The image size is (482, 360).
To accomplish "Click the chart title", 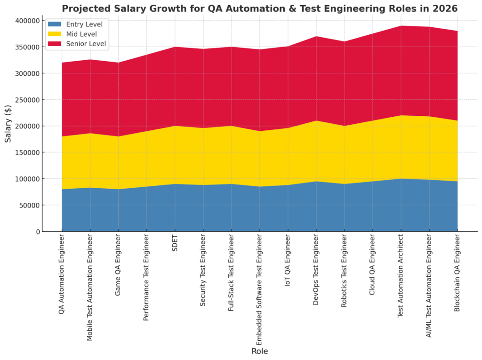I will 259,8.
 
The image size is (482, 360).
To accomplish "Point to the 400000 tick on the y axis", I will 28,21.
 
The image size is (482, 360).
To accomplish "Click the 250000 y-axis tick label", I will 28,100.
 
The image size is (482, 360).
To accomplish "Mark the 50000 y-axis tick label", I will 30,205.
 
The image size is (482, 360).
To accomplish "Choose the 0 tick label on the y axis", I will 38,232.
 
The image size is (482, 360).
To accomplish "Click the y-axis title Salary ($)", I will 8,126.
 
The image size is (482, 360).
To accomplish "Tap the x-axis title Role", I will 259,351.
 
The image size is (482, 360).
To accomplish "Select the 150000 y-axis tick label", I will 28,152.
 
